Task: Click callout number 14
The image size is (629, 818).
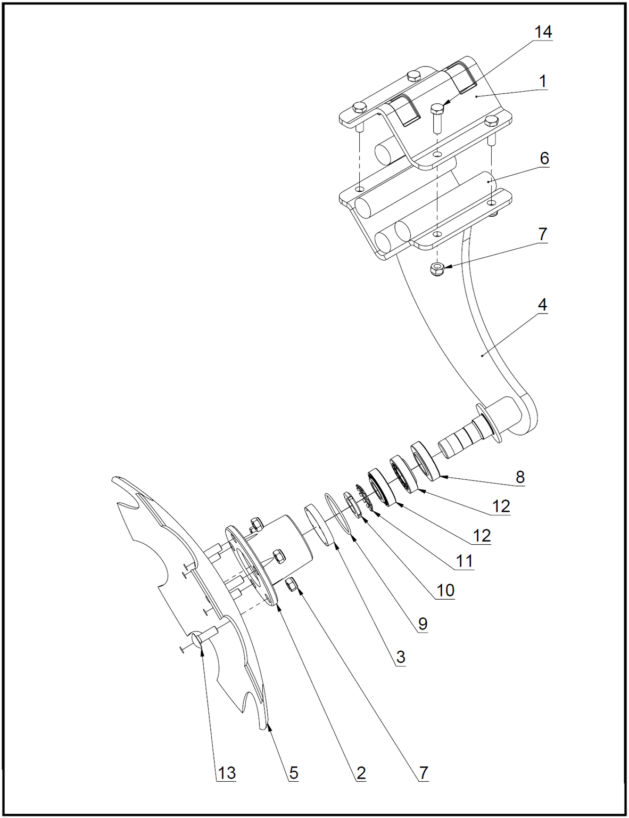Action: (x=543, y=32)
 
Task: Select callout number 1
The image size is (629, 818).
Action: (x=542, y=81)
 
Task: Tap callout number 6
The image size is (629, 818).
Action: (x=544, y=159)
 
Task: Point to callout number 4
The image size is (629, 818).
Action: (x=542, y=305)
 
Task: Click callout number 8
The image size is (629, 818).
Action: (x=520, y=477)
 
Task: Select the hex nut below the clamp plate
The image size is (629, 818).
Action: (x=437, y=269)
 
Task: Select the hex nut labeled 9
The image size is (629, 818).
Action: (x=352, y=505)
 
